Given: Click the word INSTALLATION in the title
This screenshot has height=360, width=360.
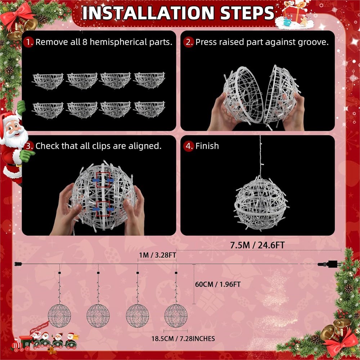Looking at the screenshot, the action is (x=148, y=13).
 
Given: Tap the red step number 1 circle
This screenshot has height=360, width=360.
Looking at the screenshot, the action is (x=28, y=42).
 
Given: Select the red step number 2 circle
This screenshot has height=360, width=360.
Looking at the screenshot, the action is (x=189, y=42).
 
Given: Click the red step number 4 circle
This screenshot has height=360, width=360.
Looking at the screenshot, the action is (x=189, y=146).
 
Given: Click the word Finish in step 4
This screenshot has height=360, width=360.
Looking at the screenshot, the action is (x=207, y=146).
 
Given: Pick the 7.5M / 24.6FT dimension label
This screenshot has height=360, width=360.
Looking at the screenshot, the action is (x=257, y=245).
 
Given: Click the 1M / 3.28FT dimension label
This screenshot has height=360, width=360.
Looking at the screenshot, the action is (x=157, y=255).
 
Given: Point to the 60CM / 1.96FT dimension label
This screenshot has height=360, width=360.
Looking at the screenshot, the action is (x=218, y=284).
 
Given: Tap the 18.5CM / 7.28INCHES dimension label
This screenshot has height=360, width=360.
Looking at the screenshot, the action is (x=183, y=339).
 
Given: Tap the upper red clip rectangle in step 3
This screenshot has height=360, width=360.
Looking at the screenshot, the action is (x=103, y=180).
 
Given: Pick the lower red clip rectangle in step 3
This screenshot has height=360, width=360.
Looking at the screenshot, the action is (x=103, y=209).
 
